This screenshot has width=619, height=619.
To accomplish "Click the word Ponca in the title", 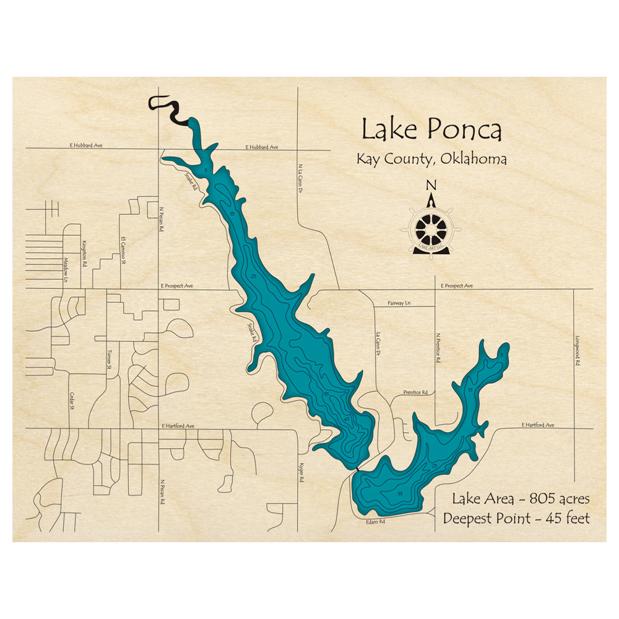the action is pyautogui.click(x=464, y=131).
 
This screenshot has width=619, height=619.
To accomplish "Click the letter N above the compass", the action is pyautogui.click(x=432, y=185).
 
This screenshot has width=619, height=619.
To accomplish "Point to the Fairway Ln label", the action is pyautogui.click(x=399, y=303).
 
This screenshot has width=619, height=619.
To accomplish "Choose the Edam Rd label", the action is pyautogui.click(x=374, y=522).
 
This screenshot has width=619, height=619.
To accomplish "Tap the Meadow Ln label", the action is pyautogui.click(x=66, y=269).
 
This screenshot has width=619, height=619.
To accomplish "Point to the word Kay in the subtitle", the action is pyautogui.click(x=370, y=159).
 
